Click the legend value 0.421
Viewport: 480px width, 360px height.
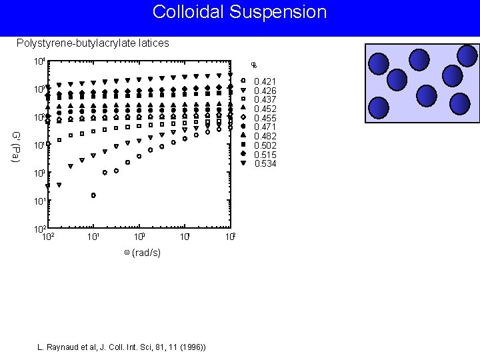[266, 81]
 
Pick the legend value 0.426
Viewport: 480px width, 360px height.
[266, 91]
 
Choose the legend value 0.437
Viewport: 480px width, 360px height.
[266, 99]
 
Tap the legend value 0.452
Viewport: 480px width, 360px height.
[266, 109]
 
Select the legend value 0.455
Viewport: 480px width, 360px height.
[266, 118]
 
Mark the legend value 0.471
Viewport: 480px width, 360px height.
[266, 127]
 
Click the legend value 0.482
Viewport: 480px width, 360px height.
[266, 137]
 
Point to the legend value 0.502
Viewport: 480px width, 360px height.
[266, 145]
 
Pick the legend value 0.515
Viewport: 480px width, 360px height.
[266, 155]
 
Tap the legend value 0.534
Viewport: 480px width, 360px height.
[266, 164]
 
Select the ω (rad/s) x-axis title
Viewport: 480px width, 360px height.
[142, 253]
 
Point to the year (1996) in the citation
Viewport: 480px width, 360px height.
[191, 347]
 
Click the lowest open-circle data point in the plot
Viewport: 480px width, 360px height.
[93, 195]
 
